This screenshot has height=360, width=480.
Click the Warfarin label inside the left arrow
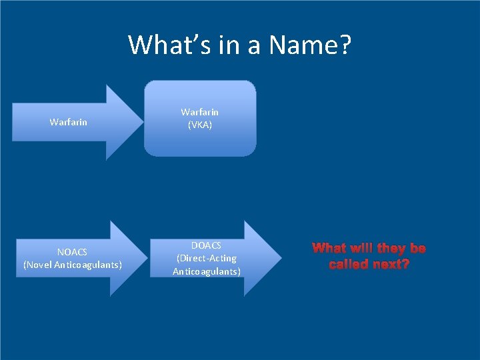pyautogui.click(x=68, y=122)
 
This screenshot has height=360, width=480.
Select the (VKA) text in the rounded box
pyautogui.click(x=200, y=125)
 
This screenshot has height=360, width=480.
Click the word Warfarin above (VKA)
pyautogui.click(x=200, y=112)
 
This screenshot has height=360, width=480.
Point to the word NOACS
pyautogui.click(x=72, y=252)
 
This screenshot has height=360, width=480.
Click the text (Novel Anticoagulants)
pyautogui.click(x=72, y=265)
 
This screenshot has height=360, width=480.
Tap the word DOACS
pyautogui.click(x=207, y=245)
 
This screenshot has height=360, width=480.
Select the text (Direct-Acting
pyautogui.click(x=207, y=258)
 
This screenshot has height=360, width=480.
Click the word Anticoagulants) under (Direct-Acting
pyautogui.click(x=207, y=271)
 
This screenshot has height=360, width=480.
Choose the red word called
pyautogui.click(x=346, y=264)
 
